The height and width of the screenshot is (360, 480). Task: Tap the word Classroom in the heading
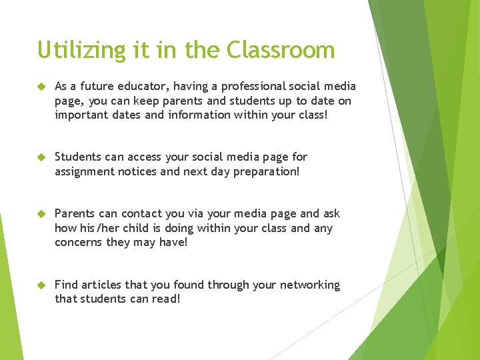pyautogui.click(x=281, y=51)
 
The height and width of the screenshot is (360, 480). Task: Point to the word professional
pyautogui.click(x=254, y=87)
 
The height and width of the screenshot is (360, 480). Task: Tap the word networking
pyautogui.click(x=308, y=285)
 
